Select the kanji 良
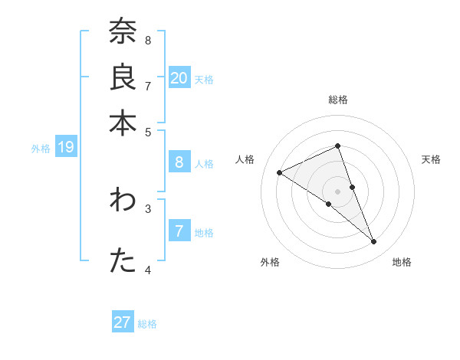pyautogui.click(x=123, y=78)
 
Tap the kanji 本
pyautogui.click(x=123, y=122)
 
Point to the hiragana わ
pyautogui.click(x=123, y=201)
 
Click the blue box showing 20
pyautogui.click(x=179, y=77)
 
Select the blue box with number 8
pyautogui.click(x=179, y=162)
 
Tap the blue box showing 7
pyautogui.click(x=179, y=231)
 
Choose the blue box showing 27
pyautogui.click(x=123, y=322)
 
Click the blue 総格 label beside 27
pyautogui.click(x=147, y=324)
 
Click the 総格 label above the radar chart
pyautogui.click(x=338, y=100)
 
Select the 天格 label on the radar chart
pyautogui.click(x=432, y=159)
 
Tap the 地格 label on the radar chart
pyautogui.click(x=402, y=262)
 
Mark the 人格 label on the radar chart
pyautogui.click(x=245, y=159)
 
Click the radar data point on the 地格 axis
pyautogui.click(x=374, y=242)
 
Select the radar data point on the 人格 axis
pyautogui.click(x=279, y=172)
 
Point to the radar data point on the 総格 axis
pyautogui.click(x=338, y=146)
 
